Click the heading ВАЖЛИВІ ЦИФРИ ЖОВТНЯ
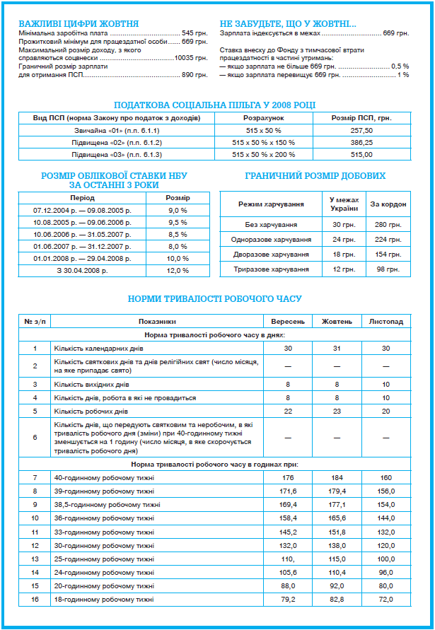point(79,23)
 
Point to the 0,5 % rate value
point(400,66)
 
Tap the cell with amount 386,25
point(361,142)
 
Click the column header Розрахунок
point(264,117)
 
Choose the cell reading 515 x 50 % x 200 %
point(264,154)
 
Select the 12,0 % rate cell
point(178,270)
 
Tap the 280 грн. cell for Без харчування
point(388,224)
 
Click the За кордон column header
point(388,204)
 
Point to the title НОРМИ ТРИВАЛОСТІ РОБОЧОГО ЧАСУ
point(215,298)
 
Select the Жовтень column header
point(337,321)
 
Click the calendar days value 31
point(337,348)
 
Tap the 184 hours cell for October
point(337,478)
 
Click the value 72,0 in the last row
point(386,599)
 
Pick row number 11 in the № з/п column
point(35,532)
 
